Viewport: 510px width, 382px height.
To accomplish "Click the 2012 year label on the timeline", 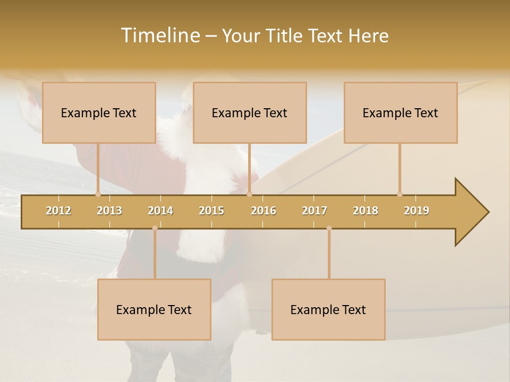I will (58, 211).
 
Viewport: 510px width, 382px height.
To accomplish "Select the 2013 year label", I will (109, 211).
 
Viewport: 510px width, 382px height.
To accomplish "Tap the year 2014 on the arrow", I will (160, 211).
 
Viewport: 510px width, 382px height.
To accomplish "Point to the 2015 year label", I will (211, 211).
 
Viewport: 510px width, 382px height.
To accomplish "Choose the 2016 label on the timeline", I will (263, 211).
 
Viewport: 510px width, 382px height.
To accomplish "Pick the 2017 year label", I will (314, 211).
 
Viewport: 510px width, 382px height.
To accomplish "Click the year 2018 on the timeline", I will (365, 211).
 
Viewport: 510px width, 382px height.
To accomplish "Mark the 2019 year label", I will (416, 211).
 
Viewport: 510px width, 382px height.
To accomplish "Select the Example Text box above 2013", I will (99, 112).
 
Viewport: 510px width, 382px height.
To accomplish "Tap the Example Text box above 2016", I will (250, 112).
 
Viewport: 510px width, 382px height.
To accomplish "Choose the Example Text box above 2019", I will (401, 112).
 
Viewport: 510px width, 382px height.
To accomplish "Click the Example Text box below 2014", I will (154, 309).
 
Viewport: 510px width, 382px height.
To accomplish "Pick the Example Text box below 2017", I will (328, 309).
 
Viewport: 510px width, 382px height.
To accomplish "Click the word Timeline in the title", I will (160, 36).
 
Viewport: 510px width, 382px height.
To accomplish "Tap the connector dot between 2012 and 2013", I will (98, 194).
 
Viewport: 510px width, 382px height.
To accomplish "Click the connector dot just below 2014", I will (155, 228).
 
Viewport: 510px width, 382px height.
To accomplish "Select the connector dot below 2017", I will (329, 228).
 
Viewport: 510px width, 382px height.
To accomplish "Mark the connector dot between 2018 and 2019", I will (399, 194).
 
